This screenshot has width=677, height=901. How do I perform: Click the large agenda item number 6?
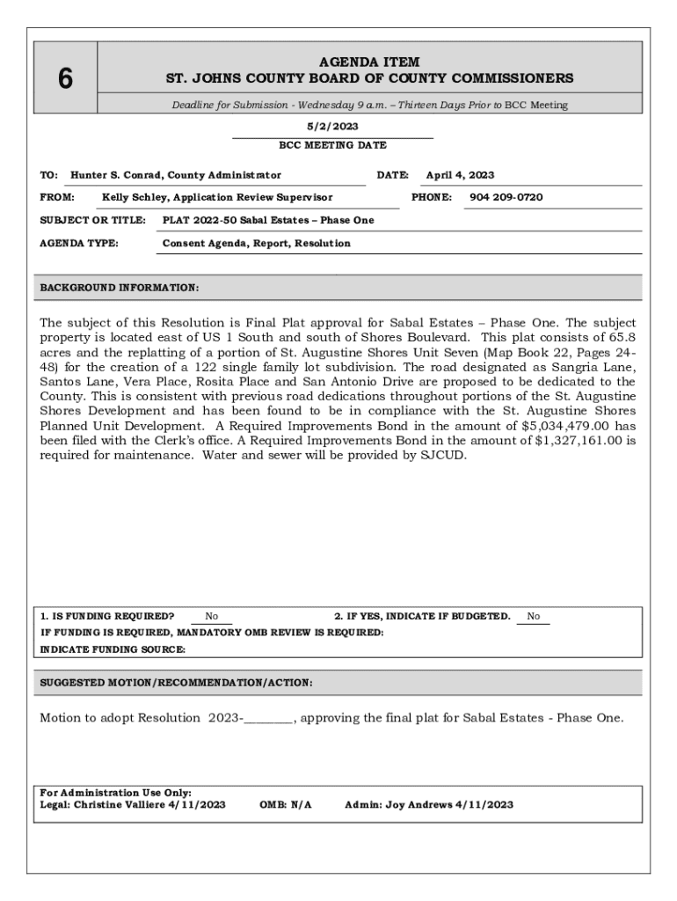pyautogui.click(x=65, y=79)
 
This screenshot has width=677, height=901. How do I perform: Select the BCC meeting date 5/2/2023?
pyautogui.click(x=332, y=126)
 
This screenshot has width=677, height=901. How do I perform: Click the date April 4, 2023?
pyautogui.click(x=460, y=175)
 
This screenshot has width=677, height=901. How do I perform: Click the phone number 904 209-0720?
pyautogui.click(x=506, y=197)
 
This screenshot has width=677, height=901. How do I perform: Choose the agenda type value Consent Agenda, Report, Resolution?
pyautogui.click(x=257, y=243)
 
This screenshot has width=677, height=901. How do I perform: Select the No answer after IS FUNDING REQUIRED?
pyautogui.click(x=212, y=616)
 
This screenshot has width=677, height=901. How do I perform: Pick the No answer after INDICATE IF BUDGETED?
pyautogui.click(x=534, y=616)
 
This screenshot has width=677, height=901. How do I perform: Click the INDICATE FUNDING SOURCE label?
pyautogui.click(x=113, y=649)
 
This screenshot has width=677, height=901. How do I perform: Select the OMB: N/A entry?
pyautogui.click(x=286, y=804)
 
